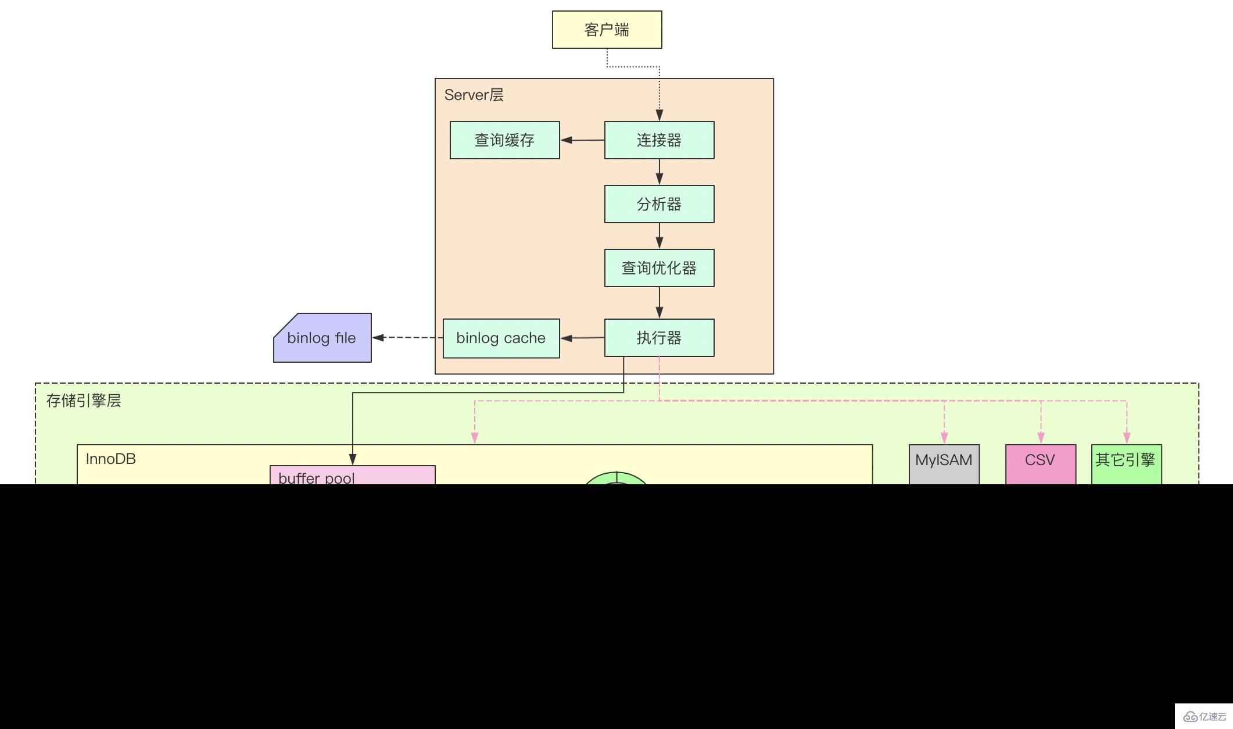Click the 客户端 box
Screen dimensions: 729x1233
coord(607,30)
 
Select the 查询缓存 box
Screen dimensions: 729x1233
coord(504,140)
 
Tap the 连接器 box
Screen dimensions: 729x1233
coord(659,140)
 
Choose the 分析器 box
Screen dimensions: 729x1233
coord(659,204)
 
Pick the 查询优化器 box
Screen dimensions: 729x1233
coord(659,268)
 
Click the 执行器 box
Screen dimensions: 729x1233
coord(659,338)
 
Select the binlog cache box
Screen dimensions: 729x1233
coord(501,338)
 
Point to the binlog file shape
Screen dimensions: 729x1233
coord(322,338)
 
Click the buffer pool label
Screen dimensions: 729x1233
coord(317,478)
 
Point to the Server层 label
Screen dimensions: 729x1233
coord(474,95)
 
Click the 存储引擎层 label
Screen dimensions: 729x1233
coord(84,401)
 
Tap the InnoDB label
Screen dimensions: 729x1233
coord(110,459)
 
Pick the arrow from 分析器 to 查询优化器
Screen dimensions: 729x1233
coord(659,236)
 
